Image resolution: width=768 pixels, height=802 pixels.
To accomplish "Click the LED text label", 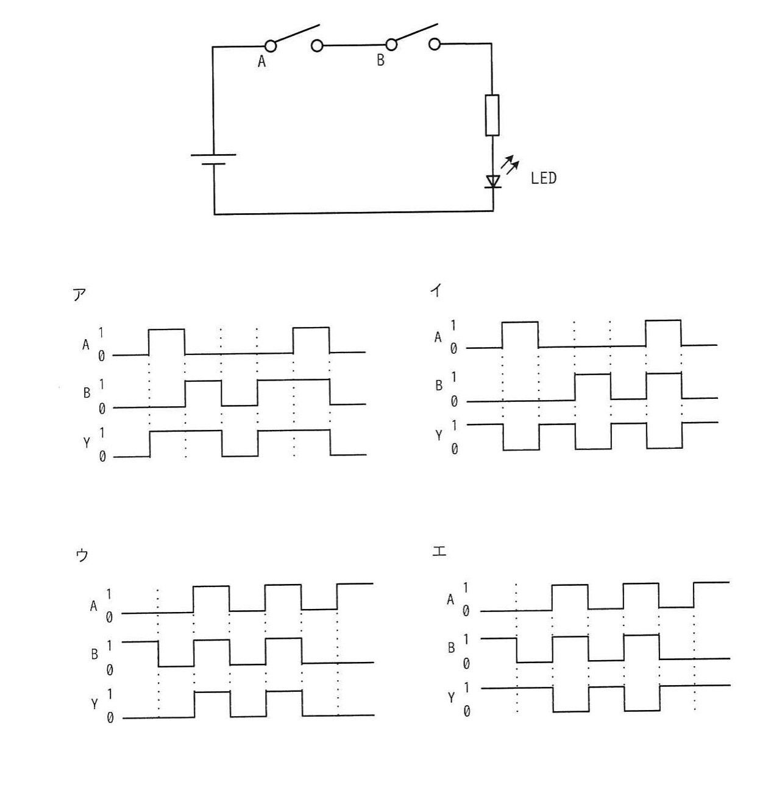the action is (543, 178).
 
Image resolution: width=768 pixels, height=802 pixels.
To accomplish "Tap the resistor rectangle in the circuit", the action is (492, 115).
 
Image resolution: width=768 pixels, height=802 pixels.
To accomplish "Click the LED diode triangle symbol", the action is (493, 181).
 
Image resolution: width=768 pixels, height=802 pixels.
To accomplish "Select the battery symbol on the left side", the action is (213, 159).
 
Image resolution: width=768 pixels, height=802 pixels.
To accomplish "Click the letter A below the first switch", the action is (261, 62).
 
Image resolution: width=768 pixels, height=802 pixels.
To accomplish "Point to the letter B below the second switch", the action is (380, 60).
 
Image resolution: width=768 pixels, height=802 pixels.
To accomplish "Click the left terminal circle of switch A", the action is (271, 46).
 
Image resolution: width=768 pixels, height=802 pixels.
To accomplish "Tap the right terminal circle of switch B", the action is (435, 44).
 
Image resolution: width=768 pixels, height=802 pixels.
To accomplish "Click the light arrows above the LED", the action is (510, 164).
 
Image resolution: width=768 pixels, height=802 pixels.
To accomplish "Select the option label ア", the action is (79, 295).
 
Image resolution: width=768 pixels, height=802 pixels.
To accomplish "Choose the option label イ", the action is (436, 291).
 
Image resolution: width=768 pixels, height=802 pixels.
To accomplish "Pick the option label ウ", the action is (82, 555).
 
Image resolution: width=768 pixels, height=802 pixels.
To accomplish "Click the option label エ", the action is (439, 551).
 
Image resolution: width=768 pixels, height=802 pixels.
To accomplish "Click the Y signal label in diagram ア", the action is (87, 443).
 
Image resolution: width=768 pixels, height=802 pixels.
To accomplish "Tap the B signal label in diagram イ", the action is (439, 385).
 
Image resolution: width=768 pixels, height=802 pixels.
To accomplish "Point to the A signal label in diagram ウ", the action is (94, 606).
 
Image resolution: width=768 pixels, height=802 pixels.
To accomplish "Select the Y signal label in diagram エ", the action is (451, 698).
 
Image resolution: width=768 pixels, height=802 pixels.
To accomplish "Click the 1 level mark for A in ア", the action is (101, 332).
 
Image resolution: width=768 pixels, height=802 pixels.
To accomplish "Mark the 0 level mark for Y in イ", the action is (454, 449).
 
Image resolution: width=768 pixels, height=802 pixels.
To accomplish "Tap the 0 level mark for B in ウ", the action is (109, 670).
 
